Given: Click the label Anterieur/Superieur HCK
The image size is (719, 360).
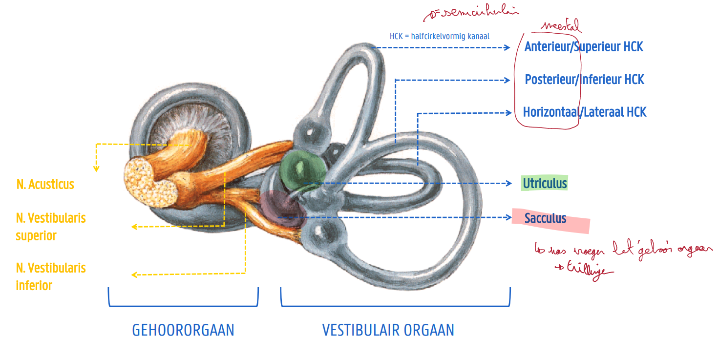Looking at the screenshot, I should (584, 47).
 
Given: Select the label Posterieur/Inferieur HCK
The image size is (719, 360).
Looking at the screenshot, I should (585, 80).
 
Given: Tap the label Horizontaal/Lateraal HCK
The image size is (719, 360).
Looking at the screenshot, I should (585, 112).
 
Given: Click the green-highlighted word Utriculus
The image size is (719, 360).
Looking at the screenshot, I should (545, 184).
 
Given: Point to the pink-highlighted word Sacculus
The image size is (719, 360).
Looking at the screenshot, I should (546, 218).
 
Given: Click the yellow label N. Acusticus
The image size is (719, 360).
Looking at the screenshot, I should (45, 185).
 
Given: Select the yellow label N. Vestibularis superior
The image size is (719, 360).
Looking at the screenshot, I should (51, 227).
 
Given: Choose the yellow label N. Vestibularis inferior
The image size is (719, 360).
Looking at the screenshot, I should (51, 276).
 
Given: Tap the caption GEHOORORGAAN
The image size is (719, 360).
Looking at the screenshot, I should (183, 330).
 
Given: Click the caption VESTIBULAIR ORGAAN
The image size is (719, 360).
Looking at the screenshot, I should (388, 330).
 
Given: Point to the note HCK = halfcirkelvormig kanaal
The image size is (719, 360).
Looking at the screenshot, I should (440, 36).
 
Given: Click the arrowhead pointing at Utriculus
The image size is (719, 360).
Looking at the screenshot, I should (509, 184).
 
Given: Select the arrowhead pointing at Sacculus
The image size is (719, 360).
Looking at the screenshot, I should (509, 217).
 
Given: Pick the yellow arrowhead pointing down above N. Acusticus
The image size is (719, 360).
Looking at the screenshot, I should (96, 169).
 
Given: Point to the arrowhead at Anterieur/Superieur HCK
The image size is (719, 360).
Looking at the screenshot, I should (508, 47).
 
